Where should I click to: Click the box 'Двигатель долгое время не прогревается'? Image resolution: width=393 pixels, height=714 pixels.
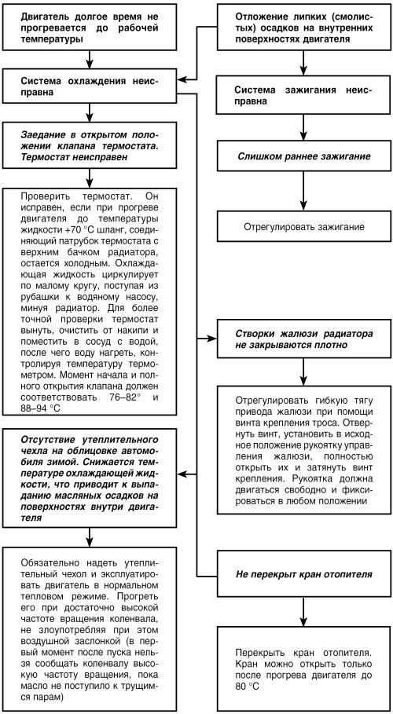point(91,27)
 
